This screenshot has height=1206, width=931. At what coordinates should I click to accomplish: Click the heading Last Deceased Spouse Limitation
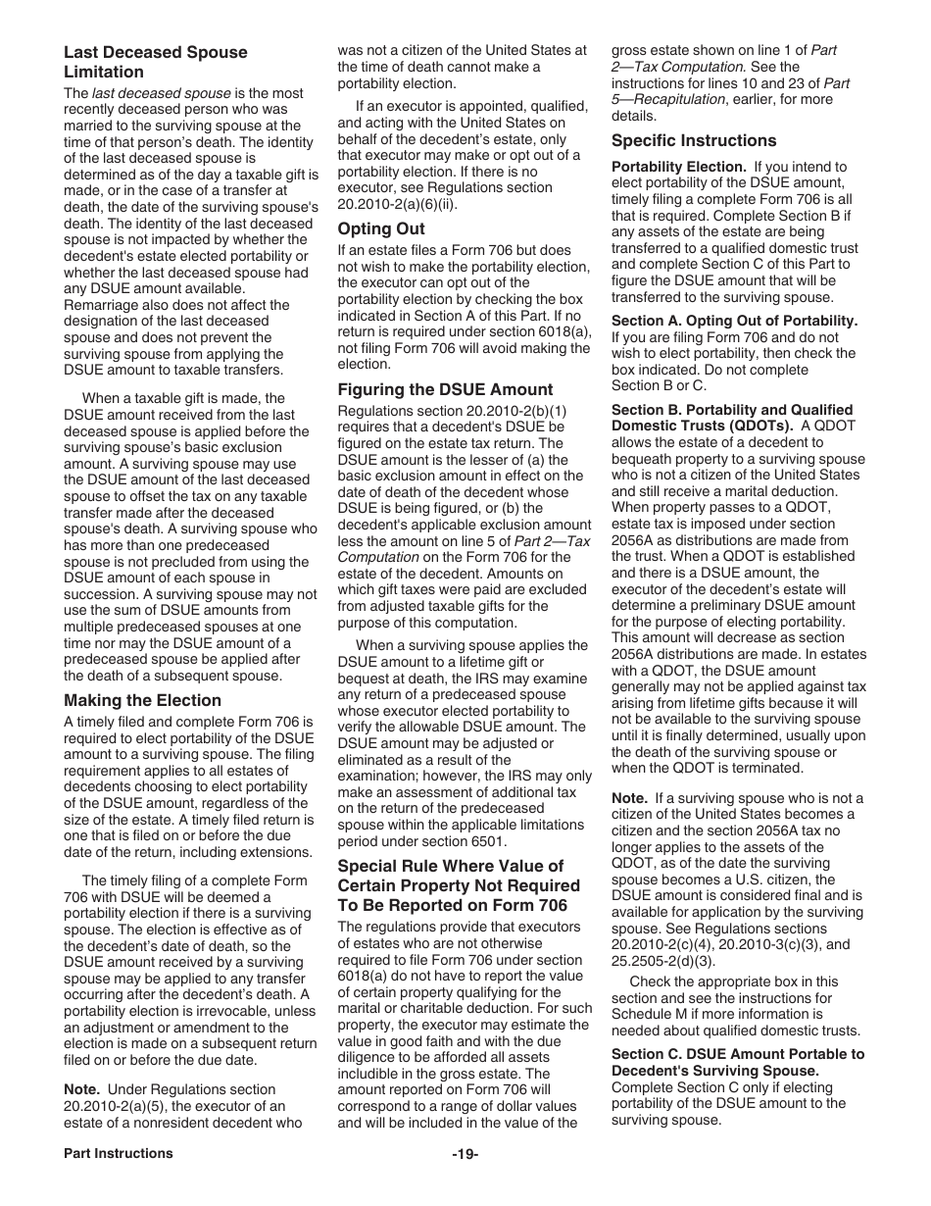pyautogui.click(x=155, y=62)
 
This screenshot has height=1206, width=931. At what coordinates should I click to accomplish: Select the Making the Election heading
pyautogui.click(x=142, y=700)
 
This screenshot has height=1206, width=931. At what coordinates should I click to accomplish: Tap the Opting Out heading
pyautogui.click(x=381, y=228)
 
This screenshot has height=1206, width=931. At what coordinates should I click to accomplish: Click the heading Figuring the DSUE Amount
pyautogui.click(x=445, y=389)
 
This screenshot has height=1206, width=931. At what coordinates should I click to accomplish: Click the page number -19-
pyautogui.click(x=465, y=1154)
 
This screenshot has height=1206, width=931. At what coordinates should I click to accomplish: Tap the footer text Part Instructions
pyautogui.click(x=119, y=1154)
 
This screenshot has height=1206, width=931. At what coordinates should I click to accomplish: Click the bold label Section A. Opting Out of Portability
pyautogui.click(x=734, y=321)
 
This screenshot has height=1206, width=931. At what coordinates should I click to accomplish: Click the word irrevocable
pyautogui.click(x=217, y=1011)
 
